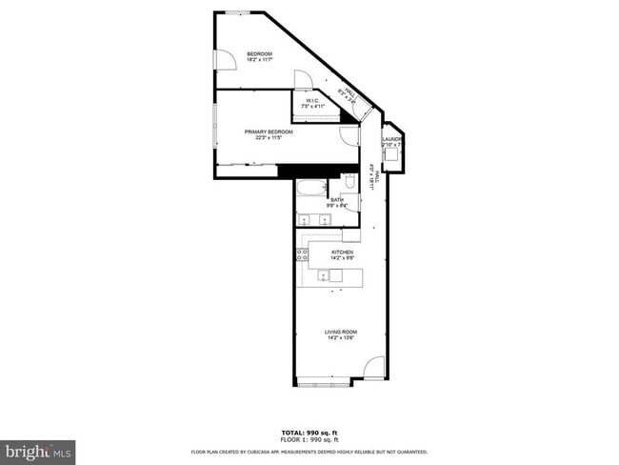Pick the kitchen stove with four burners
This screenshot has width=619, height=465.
pos(302,254)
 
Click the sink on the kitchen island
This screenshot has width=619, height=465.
pos(334,275)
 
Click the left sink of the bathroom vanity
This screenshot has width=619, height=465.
pos(306,220)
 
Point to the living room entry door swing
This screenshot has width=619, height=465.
pos(375,367)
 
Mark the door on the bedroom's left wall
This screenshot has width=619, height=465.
pos(225,60)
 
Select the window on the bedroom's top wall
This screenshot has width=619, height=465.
pos(237,12)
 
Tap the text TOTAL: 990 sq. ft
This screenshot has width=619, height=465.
pos(309,434)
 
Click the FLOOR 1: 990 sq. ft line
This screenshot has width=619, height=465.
pos(309,440)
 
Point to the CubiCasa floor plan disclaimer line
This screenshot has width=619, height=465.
pos(309,452)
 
